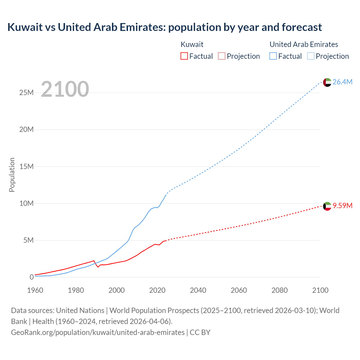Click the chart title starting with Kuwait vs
(165, 27)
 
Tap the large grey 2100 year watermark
(65, 89)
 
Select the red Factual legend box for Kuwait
(184, 56)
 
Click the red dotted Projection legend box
(222, 56)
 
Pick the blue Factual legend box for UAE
(273, 56)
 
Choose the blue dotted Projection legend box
(311, 56)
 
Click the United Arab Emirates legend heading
(304, 44)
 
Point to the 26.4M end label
(342, 82)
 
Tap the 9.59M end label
(342, 206)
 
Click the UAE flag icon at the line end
(327, 82)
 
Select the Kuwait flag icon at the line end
(327, 206)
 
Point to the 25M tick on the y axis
(26, 93)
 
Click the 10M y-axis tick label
(26, 203)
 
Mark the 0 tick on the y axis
(31, 277)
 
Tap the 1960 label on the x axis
(35, 290)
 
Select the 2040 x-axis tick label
(198, 290)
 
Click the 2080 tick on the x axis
(280, 290)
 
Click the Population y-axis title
(12, 175)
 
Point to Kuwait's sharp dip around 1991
(98, 267)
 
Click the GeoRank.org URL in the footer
(98, 332)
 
